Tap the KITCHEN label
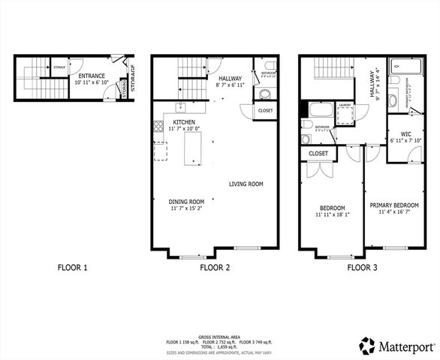(185, 121)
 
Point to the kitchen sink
(181, 106)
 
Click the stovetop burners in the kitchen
(158, 127)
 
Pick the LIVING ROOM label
(246, 184)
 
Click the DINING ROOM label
(186, 201)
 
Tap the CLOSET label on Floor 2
(265, 111)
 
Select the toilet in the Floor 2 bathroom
(264, 94)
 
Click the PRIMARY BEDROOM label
(394, 204)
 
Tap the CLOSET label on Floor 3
(318, 154)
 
